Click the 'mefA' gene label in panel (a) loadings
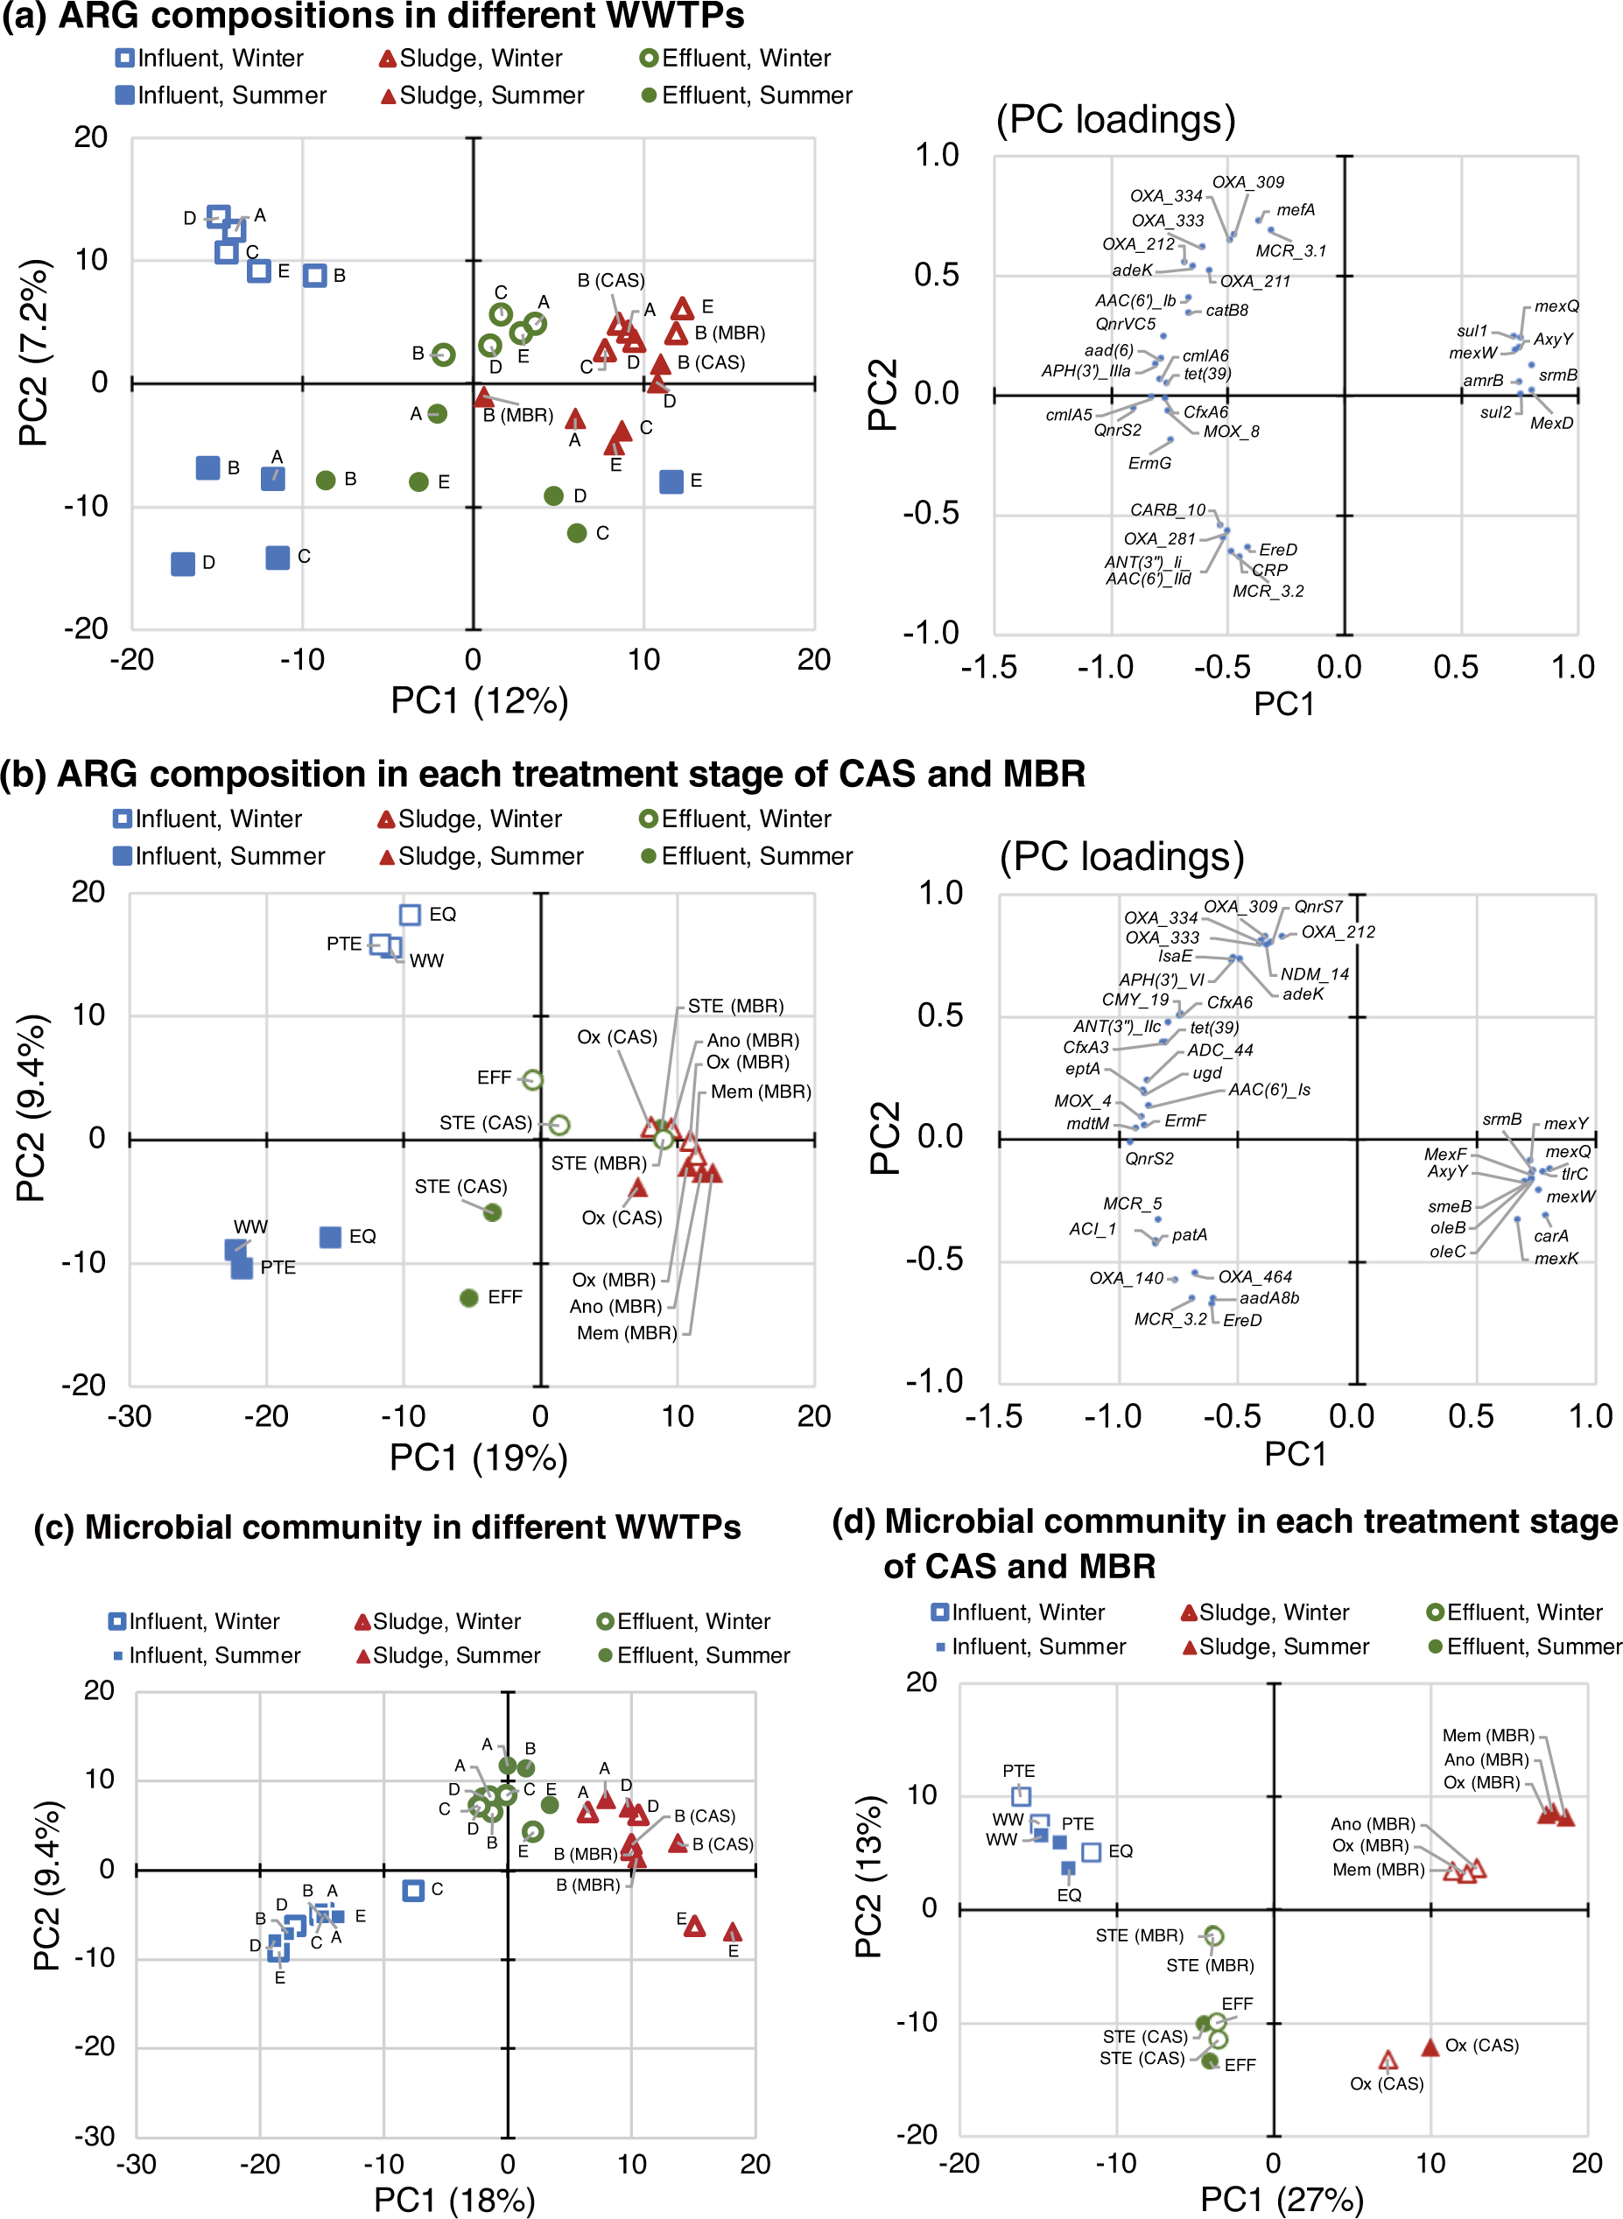tap(1295, 210)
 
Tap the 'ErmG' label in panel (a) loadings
tap(1149, 464)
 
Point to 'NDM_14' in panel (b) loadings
tap(1315, 974)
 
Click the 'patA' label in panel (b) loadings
tap(1189, 1235)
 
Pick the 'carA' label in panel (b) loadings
tap(1550, 1236)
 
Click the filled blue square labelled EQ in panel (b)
tap(330, 1237)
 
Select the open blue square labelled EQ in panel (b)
tap(410, 915)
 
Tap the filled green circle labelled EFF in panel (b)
tap(469, 1297)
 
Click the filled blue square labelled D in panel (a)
tap(183, 564)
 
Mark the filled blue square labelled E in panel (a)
tap(671, 481)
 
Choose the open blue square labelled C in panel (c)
tap(412, 1890)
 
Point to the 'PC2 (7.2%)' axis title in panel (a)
tap(33, 352)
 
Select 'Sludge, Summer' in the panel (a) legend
tap(491, 95)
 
